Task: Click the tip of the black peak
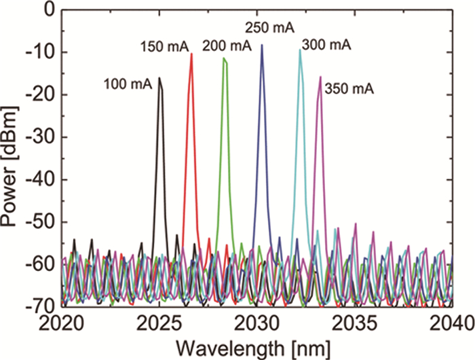(x=159, y=78)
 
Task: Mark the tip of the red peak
(x=191, y=54)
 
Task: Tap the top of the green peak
(x=224, y=58)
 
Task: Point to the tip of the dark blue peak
(x=262, y=46)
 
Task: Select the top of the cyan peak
(x=300, y=50)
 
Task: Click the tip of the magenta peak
(x=320, y=77)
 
